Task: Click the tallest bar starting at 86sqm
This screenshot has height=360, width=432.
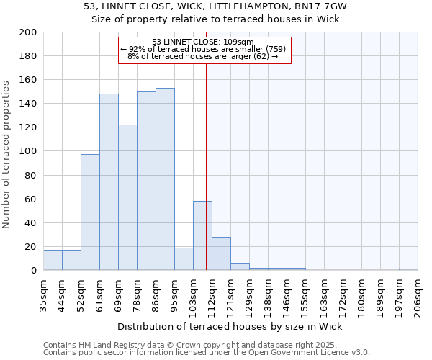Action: [x=165, y=179]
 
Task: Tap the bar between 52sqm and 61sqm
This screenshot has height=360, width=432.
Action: [x=90, y=212]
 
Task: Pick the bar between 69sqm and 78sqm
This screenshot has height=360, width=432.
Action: [x=127, y=197]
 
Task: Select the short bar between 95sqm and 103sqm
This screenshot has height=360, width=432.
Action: [x=184, y=259]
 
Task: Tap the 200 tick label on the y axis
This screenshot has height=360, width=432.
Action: [x=29, y=32]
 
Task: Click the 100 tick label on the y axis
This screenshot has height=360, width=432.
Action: [x=29, y=151]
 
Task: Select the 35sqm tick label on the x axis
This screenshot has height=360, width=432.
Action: [x=43, y=294]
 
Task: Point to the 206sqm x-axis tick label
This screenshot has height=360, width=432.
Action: [x=418, y=294]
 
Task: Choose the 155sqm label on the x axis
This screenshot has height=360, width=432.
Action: [x=305, y=294]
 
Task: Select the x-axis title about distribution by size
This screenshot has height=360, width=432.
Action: [x=229, y=327]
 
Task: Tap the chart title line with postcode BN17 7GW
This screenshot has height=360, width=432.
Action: [x=215, y=6]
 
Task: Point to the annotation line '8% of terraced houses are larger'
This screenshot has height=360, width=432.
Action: [x=203, y=56]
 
